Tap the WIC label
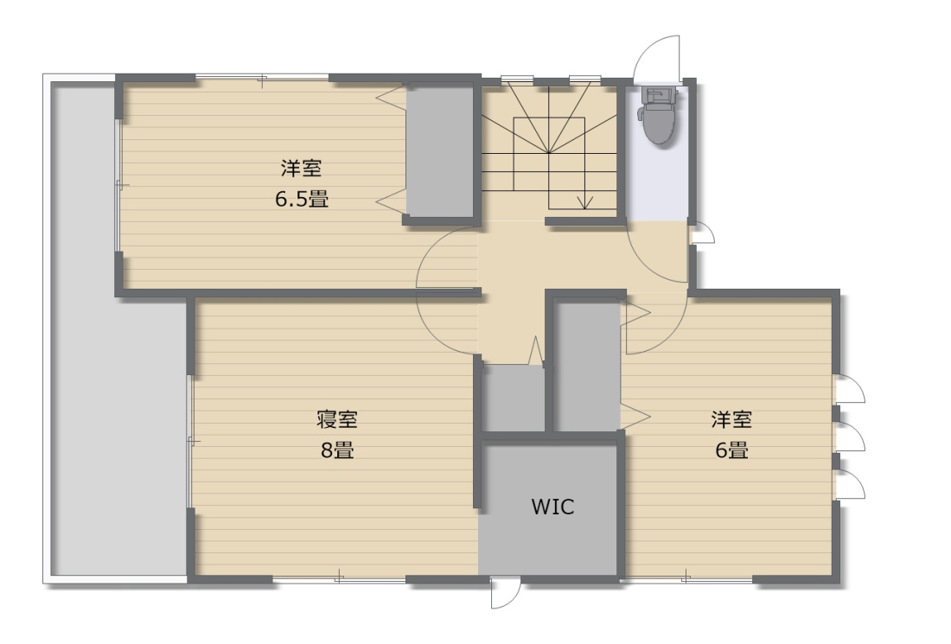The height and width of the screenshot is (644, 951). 552,507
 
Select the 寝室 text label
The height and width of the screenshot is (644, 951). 336,419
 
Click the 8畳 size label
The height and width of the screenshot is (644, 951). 337,450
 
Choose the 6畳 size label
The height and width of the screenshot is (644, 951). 731,450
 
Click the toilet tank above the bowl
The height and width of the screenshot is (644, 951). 657,94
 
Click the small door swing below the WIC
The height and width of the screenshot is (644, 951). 506,592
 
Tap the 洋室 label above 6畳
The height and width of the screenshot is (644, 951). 731,419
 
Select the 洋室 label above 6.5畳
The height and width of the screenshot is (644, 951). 301,168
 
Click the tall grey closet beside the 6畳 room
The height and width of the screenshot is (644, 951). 587,366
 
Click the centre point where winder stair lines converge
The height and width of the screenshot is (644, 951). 549,152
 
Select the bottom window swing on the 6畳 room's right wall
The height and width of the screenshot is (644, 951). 851,484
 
